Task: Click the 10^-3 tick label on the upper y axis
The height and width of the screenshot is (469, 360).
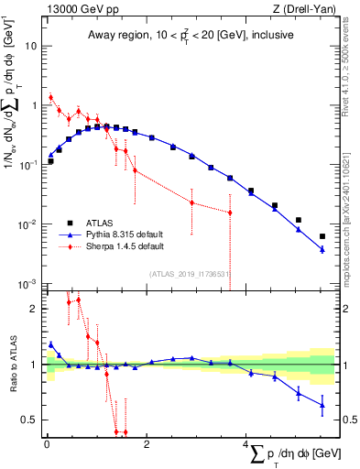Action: tap(27, 284)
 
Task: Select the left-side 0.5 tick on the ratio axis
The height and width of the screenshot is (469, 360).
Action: tap(30, 420)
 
